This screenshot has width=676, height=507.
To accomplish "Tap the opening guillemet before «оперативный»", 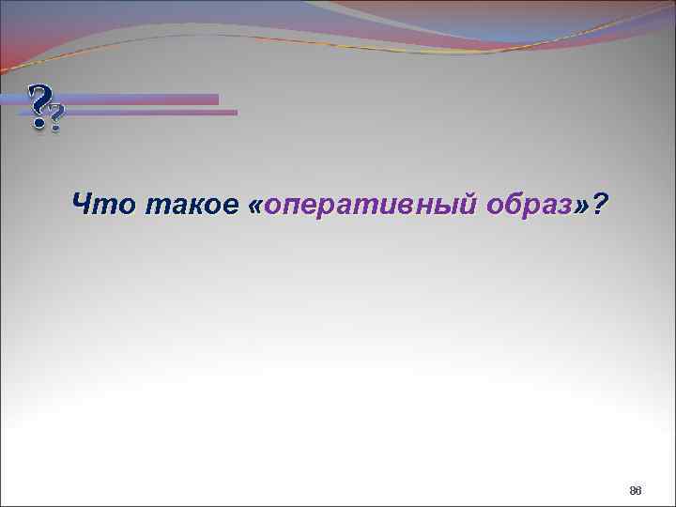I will point(256,203).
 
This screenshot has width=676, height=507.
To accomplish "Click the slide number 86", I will point(636,490).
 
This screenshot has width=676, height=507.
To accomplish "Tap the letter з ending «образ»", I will point(565,203).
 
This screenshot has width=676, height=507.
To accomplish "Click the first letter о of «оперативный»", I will point(272,203).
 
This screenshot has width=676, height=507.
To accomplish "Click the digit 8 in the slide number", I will point(633,490).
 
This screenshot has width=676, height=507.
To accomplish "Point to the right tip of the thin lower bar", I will point(236,113).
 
